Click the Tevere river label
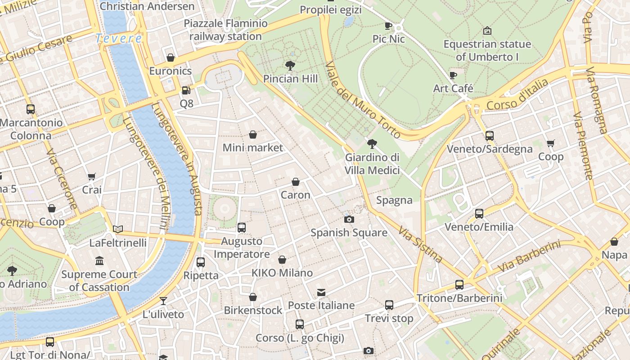(119, 39)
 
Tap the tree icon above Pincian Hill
(290, 66)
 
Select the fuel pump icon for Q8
(186, 90)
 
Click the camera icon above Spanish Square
(349, 219)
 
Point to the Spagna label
(394, 200)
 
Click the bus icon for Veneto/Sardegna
(490, 135)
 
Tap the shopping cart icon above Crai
(92, 176)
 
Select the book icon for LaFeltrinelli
(118, 229)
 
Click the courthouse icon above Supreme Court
(99, 261)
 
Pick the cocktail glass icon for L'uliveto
(163, 301)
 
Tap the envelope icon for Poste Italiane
(321, 292)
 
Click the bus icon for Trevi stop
(389, 305)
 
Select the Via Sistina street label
(420, 244)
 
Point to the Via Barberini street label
(529, 257)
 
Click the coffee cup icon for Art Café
(453, 75)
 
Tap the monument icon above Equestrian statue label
(487, 31)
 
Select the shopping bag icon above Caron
(296, 182)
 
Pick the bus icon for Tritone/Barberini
(459, 284)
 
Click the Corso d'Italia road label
(517, 95)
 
